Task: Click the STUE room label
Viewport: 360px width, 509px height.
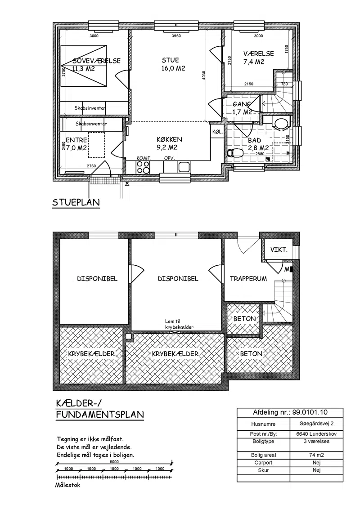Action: click(170, 60)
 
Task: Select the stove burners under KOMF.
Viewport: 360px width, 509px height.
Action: click(143, 167)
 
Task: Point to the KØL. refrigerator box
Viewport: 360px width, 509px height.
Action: click(217, 131)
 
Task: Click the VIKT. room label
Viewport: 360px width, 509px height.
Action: click(279, 250)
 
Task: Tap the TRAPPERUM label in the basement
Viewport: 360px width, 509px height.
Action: click(248, 278)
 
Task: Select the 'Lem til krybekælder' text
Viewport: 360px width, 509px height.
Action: click(179, 324)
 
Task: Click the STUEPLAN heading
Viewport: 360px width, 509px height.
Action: click(76, 202)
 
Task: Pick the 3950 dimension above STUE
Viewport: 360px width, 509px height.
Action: click(176, 36)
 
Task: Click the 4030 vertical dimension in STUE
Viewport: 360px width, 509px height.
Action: click(204, 75)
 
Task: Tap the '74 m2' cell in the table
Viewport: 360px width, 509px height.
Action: click(316, 455)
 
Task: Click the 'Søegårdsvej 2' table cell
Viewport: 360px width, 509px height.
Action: click(316, 423)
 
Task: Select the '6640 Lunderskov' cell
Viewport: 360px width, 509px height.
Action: click(316, 434)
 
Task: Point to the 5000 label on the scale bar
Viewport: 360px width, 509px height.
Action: click(114, 462)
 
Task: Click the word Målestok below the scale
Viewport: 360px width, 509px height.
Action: click(67, 485)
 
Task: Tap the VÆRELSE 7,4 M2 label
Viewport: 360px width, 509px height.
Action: click(258, 58)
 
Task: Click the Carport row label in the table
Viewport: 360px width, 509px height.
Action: click(263, 463)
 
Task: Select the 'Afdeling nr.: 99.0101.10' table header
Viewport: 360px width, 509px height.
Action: click(290, 412)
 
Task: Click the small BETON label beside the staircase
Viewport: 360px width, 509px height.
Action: click(244, 319)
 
